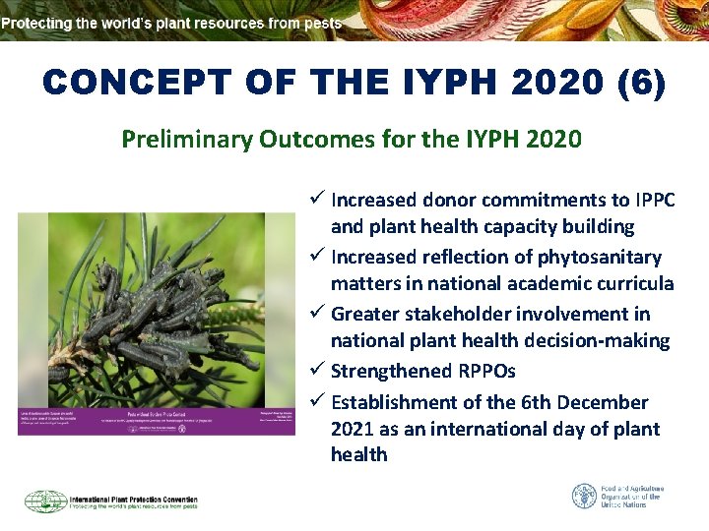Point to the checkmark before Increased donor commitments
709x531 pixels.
(x=317, y=200)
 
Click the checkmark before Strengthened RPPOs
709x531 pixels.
(x=317, y=371)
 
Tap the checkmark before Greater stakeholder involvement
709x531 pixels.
(x=317, y=314)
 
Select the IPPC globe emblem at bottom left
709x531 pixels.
(x=44, y=501)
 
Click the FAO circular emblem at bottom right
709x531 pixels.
(x=585, y=496)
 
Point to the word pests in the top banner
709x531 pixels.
(x=322, y=22)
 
